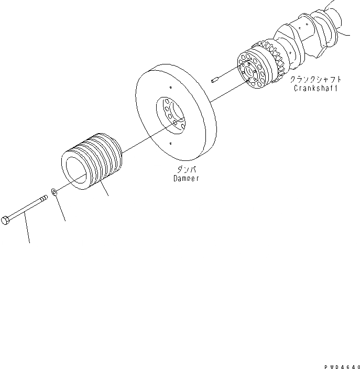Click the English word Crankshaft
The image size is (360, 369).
coord(314,89)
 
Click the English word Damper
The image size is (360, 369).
coord(186,179)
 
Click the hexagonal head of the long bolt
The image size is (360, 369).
coord(5,220)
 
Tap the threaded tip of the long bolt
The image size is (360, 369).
coord(43,198)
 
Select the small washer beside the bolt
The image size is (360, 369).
coord(55,190)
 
